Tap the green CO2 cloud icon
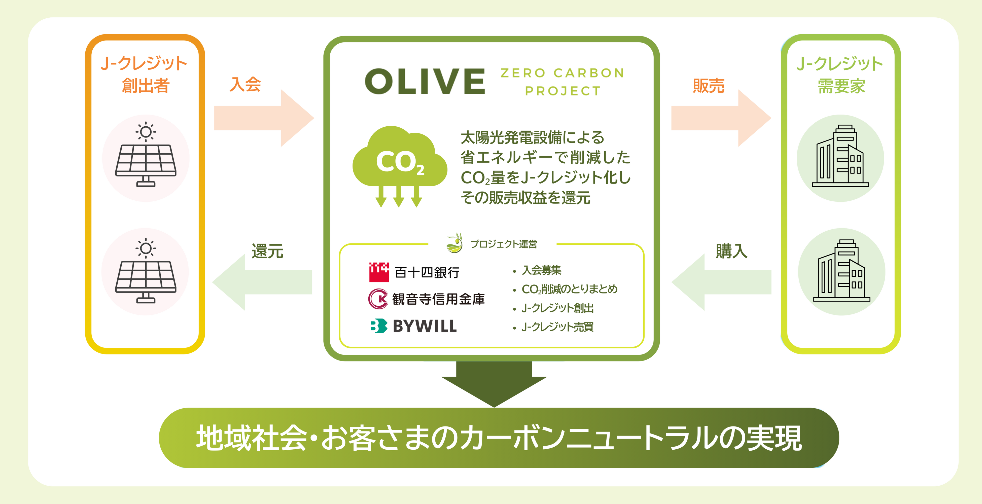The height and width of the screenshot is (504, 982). tap(400, 164)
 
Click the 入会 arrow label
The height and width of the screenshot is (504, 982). tap(245, 84)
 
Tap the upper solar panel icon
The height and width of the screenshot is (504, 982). tap(146, 156)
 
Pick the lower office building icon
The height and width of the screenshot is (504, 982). tap(841, 271)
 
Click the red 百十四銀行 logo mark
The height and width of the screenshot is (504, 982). tap(379, 272)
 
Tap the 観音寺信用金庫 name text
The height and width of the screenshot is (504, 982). tap(438, 299)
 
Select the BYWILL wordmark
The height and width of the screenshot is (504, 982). tap(425, 326)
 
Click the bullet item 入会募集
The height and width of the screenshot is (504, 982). tap(541, 270)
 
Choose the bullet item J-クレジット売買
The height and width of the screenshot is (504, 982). tap(557, 327)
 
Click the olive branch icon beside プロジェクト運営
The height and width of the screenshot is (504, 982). tap(454, 243)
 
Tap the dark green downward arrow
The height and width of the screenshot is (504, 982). tap(494, 383)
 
